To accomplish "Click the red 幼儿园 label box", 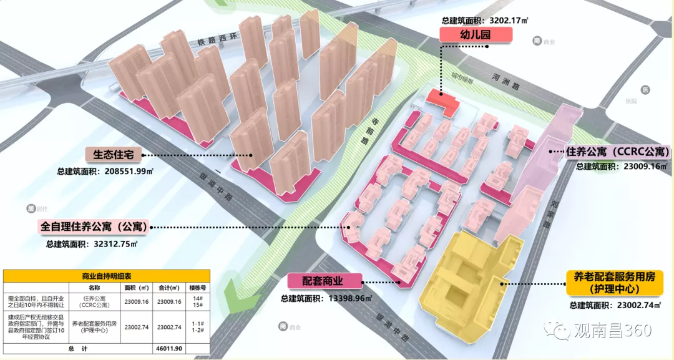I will point(476,34).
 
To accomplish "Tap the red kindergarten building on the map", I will point(442,100).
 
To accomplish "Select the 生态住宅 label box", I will point(117,154).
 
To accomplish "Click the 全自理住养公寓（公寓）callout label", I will point(94,227).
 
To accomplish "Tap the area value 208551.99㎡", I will point(124,171).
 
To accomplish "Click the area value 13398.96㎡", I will point(349,298).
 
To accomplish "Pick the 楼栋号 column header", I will point(198,288).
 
